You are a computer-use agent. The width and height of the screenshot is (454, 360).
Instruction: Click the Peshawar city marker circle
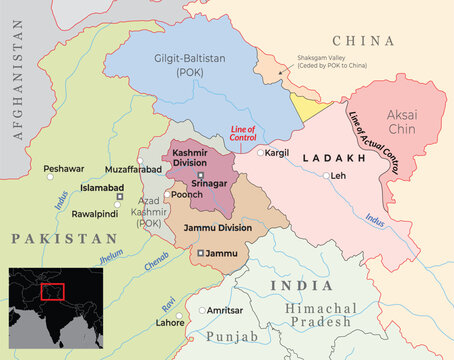point(49,177)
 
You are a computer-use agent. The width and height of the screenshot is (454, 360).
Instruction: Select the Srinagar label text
point(210,183)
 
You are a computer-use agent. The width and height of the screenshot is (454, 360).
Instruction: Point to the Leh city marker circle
point(325,176)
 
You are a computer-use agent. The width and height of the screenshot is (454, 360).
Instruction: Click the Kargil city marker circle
point(260,153)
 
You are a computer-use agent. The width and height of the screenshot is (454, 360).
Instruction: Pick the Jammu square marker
point(202,254)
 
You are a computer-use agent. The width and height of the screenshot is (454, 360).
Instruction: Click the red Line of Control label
point(243,134)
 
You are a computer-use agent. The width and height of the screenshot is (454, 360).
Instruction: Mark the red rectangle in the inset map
point(53,291)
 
